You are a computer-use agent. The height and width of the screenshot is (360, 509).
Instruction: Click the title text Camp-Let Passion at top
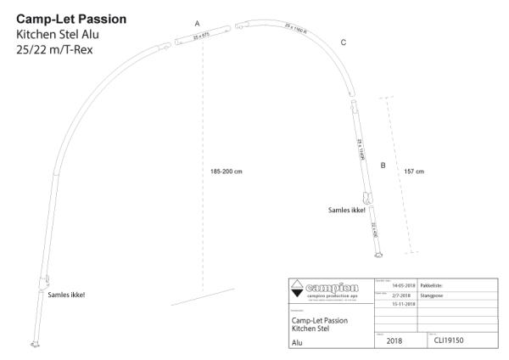71,19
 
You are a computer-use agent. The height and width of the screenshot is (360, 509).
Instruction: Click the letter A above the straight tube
198,22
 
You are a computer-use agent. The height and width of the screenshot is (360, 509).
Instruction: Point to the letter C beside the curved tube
343,42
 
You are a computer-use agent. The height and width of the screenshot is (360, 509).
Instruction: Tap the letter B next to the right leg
383,166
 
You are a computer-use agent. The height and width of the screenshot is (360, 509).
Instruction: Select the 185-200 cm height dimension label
227,171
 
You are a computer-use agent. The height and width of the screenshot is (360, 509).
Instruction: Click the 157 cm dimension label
414,171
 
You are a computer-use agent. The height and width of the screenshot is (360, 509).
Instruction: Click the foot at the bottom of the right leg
378,258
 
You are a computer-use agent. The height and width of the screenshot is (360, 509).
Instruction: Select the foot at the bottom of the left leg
36,343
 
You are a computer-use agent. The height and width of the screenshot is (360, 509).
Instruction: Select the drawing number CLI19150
453,341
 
